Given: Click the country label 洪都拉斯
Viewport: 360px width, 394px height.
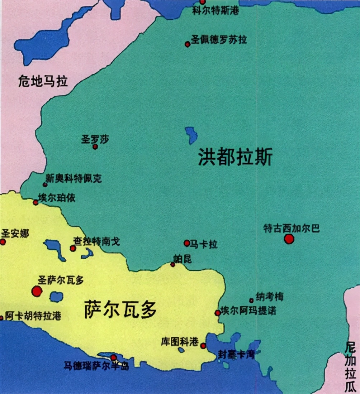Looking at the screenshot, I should coord(235,158).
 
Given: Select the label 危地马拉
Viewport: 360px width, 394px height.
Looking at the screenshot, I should coord(43,82).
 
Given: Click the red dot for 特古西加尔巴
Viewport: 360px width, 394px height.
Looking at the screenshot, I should coord(289,239).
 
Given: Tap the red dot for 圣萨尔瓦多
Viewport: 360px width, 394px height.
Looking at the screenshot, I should coord(37,291).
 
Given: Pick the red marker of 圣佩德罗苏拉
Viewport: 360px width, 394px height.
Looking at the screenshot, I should coord(187,44).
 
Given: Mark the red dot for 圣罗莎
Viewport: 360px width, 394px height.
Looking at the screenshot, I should coord(95,146).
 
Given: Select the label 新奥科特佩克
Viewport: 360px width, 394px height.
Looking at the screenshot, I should coord(74,178).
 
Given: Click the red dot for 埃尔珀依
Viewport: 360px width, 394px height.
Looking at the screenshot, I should coord(35,203).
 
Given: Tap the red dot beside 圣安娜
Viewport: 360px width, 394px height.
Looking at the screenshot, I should coord(3,242).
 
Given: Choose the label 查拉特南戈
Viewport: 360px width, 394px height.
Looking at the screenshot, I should coord(97,242).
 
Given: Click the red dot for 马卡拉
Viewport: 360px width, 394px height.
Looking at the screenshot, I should coord(187,243).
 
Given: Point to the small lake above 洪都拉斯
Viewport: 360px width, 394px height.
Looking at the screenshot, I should coord(191,135).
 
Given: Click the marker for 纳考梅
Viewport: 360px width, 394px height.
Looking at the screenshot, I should coord(251,301).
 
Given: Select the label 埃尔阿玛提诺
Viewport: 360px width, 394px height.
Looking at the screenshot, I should coord(248,311).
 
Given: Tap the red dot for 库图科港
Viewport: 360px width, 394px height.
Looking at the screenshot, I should coord(203,346).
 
